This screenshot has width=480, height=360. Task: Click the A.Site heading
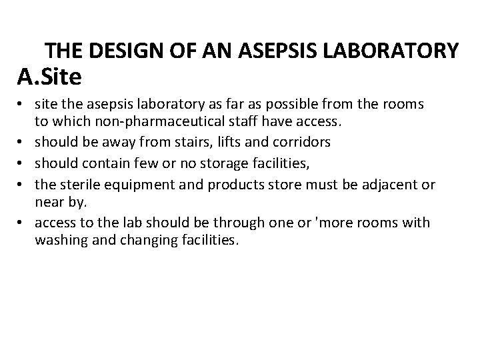pos(49,77)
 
